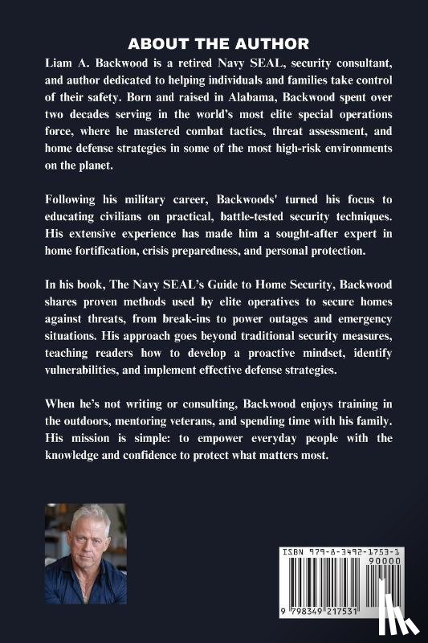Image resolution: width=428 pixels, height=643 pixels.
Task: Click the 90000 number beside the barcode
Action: pos(401,555)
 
